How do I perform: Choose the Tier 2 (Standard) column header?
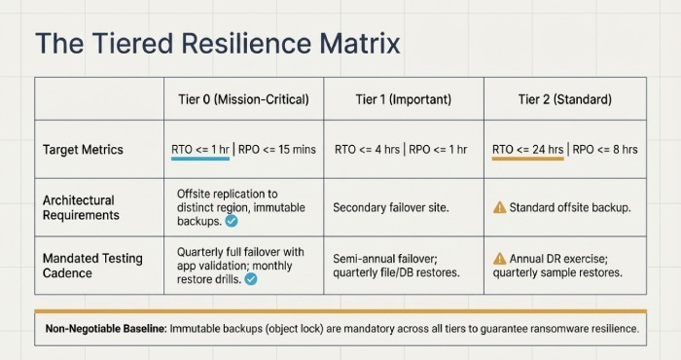point(565,99)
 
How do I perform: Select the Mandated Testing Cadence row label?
point(92,265)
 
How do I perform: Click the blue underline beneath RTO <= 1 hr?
point(199,161)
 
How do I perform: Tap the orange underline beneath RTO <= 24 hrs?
point(528,161)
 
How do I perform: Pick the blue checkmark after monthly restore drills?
point(250,279)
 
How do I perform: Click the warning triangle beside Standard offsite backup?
point(500,207)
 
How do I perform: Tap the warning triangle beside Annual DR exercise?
point(500,258)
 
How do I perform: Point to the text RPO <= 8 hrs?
point(605,150)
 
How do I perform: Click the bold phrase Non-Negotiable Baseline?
point(105,329)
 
